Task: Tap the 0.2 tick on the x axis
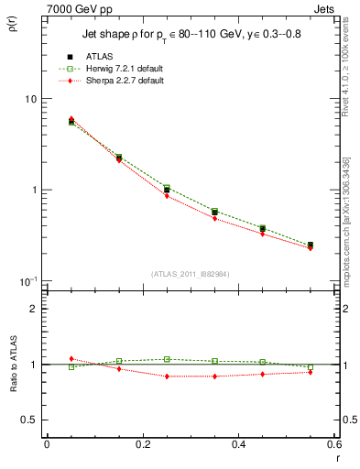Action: pos(142,444)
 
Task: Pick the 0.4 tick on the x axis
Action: pos(238,444)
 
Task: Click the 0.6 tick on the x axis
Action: pos(333,444)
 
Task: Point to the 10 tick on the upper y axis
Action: pos(29,99)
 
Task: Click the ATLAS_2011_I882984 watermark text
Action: pos(190,273)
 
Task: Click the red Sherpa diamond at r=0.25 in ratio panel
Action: pos(167,376)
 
